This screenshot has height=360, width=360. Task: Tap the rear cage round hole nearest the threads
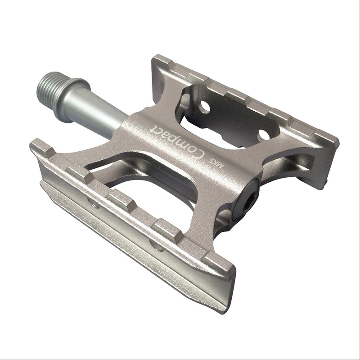[205, 107]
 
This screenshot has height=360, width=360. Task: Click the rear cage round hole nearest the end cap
[264, 135]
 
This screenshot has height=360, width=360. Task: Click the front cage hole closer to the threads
[95, 205]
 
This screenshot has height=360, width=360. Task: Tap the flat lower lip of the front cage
[135, 252]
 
